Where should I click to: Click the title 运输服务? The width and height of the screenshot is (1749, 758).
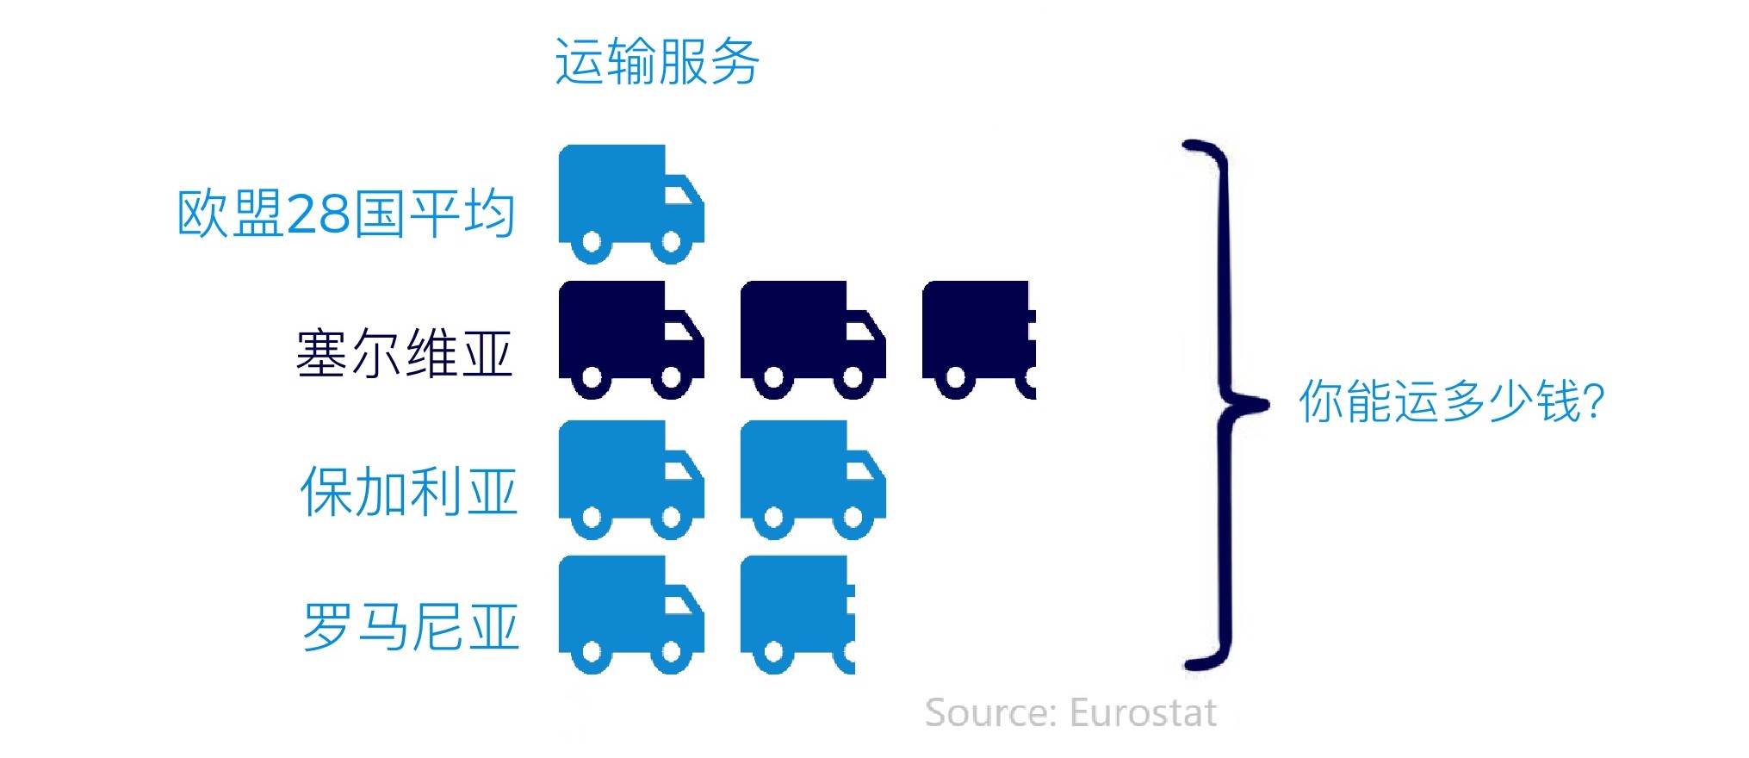click(x=656, y=62)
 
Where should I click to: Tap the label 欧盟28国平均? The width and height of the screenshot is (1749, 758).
click(x=346, y=214)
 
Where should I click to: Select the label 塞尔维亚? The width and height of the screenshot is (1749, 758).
click(x=405, y=353)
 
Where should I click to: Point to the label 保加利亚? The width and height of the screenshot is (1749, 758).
click(x=409, y=492)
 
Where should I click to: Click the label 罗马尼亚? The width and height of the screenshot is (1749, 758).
click(x=411, y=627)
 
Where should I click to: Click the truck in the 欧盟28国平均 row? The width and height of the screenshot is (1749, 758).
click(x=631, y=204)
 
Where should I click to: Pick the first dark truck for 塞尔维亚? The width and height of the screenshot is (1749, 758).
click(x=631, y=340)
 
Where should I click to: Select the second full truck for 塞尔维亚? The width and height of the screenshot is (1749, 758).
click(x=813, y=340)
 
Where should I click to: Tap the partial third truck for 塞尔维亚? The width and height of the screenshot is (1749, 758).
click(x=979, y=340)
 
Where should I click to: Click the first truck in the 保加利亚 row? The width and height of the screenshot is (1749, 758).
click(x=631, y=480)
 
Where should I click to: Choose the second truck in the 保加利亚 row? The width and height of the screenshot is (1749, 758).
click(x=813, y=480)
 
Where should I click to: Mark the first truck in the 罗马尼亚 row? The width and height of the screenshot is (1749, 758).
click(x=631, y=615)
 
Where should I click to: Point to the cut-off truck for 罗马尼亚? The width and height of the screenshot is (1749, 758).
click(x=798, y=615)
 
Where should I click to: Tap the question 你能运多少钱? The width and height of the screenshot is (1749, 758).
click(x=1452, y=401)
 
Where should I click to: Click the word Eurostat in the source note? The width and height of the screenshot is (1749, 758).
click(x=1143, y=713)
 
